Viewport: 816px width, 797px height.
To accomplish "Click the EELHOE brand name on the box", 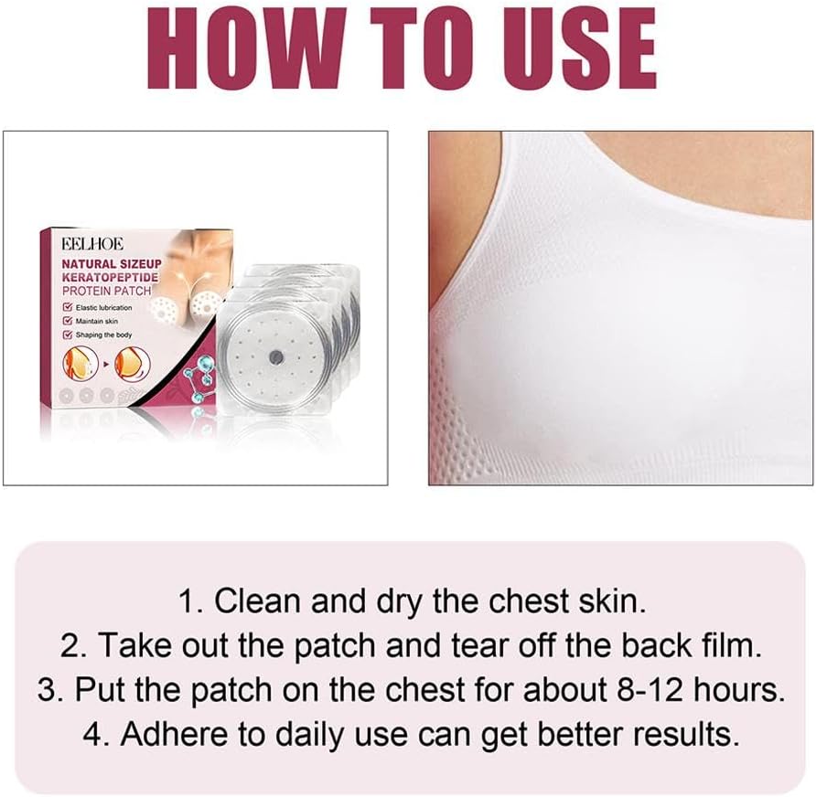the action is (x=92, y=244).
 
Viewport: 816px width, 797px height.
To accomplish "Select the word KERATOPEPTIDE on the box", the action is (x=110, y=278).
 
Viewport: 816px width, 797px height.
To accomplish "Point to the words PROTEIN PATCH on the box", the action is (x=106, y=292).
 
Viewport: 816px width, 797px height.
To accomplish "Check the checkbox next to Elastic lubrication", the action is (x=67, y=307).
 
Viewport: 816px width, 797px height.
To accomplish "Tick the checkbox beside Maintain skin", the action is (x=67, y=321).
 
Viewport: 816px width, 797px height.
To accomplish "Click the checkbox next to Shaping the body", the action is (x=67, y=335).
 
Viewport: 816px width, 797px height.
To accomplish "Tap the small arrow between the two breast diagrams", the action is (x=106, y=364).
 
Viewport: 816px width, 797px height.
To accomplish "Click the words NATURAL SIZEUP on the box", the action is (x=112, y=263).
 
